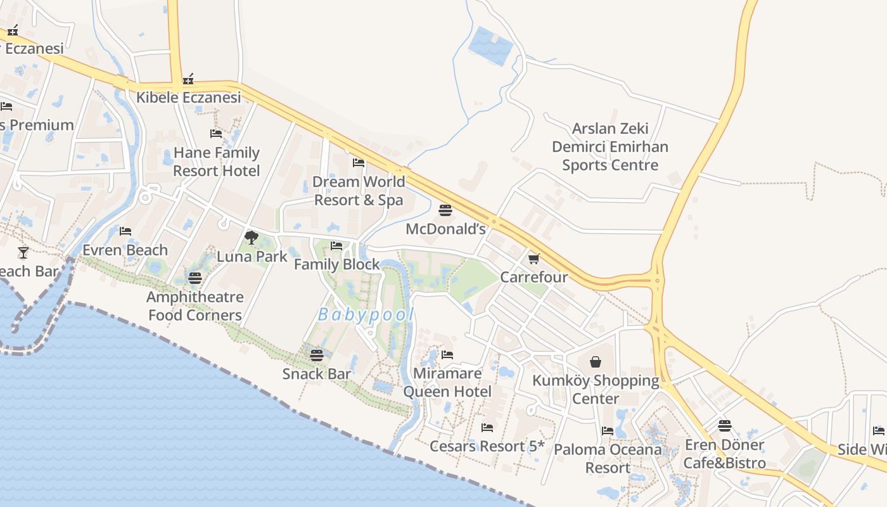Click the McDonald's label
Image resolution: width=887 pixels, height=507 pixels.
pyautogui.click(x=445, y=229)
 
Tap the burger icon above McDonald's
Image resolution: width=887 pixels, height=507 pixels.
pyautogui.click(x=445, y=210)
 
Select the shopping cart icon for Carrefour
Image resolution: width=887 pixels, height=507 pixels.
pyautogui.click(x=533, y=259)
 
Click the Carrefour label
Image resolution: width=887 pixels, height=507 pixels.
pyautogui.click(x=534, y=277)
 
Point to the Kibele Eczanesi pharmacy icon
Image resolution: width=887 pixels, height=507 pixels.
pyautogui.click(x=188, y=80)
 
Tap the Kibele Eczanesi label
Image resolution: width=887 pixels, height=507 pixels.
pyautogui.click(x=189, y=98)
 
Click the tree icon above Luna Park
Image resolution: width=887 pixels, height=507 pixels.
pyautogui.click(x=252, y=238)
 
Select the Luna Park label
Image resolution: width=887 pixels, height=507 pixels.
pyautogui.click(x=252, y=256)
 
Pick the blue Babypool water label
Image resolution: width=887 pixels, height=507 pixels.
pyautogui.click(x=366, y=314)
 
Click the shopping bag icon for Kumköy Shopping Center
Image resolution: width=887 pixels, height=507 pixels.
pyautogui.click(x=596, y=362)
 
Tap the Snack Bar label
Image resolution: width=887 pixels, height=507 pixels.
pyautogui.click(x=317, y=374)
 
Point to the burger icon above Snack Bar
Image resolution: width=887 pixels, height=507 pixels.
pyautogui.click(x=317, y=356)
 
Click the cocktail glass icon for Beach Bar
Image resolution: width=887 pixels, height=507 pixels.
pyautogui.click(x=23, y=253)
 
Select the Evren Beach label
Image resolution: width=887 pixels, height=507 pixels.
pyautogui.click(x=125, y=250)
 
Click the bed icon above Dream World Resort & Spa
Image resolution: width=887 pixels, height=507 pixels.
pyautogui.click(x=359, y=163)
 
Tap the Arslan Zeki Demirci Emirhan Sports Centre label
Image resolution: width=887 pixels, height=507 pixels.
pyautogui.click(x=610, y=147)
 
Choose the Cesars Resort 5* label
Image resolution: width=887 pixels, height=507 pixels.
pyautogui.click(x=487, y=446)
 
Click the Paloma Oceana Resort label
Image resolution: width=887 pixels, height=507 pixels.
pyautogui.click(x=608, y=459)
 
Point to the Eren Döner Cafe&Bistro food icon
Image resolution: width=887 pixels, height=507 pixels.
pyautogui.click(x=725, y=425)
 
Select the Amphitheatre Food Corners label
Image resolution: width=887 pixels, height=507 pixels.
pyautogui.click(x=195, y=306)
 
